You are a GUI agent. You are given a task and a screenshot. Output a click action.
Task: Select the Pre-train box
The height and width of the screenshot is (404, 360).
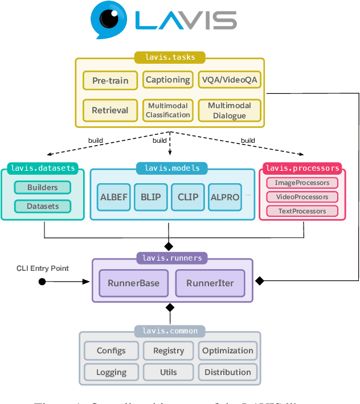tap(110, 80)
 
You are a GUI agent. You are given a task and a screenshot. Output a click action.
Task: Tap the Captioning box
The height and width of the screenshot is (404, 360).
tap(167, 80)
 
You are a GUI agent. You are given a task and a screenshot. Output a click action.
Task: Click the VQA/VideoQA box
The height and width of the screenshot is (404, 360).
tap(229, 80)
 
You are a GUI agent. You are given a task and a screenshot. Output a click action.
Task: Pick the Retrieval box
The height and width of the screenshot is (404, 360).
tap(110, 110)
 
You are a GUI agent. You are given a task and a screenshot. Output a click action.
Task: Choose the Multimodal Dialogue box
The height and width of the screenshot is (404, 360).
tap(229, 110)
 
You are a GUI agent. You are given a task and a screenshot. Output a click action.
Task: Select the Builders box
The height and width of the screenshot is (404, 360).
tap(43, 188)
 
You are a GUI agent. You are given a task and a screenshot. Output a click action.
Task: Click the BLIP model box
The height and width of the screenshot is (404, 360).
tap(151, 197)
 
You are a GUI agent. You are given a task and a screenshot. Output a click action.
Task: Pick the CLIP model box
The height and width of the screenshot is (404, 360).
tap(188, 197)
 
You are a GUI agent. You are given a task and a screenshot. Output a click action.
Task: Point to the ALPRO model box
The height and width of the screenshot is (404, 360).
tap(225, 197)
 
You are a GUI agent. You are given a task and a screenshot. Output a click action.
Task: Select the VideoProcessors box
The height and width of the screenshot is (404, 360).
tap(302, 197)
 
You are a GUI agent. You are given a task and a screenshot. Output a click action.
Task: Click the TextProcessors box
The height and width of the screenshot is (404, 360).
tap(302, 211)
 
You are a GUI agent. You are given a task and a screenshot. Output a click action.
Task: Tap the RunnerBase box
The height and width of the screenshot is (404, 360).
tap(134, 283)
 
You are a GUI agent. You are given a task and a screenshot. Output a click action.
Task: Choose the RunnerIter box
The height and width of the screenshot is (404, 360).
tap(209, 283)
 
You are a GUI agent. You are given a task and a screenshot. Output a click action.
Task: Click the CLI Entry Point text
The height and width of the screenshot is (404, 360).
tap(43, 268)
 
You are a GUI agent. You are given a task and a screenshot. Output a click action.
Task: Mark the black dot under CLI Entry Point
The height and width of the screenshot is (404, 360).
tap(42, 281)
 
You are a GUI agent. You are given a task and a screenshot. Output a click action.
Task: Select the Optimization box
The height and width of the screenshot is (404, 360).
tap(228, 351)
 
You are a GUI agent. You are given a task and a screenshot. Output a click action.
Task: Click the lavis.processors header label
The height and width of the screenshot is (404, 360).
tap(302, 168)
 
